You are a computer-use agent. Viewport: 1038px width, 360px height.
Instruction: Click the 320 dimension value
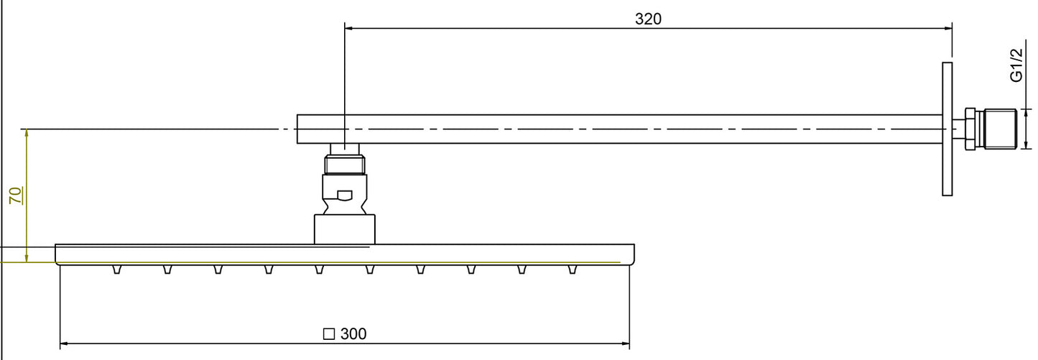tap(648, 19)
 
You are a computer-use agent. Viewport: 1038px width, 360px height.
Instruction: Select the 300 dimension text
tap(353, 334)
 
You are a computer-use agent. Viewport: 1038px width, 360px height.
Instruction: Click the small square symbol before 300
tap(330, 334)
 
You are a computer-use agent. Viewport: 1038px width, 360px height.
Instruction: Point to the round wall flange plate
tap(947, 129)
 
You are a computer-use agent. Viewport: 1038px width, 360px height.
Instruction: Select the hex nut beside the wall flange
tap(969, 129)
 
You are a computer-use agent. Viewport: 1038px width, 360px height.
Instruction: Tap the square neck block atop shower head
tap(345, 229)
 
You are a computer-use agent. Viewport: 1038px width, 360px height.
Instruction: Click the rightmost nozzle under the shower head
tap(573, 269)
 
